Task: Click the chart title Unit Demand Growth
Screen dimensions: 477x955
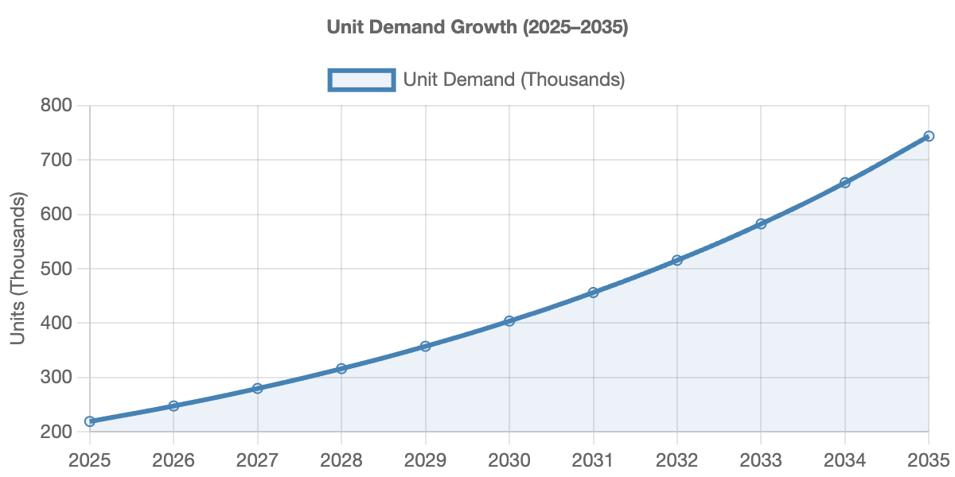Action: pos(477,27)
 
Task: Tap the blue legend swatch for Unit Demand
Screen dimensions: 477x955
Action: pos(361,79)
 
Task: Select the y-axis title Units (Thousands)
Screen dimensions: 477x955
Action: pos(18,268)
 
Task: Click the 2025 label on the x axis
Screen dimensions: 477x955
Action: pos(90,460)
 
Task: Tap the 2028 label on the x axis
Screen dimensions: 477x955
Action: pos(341,460)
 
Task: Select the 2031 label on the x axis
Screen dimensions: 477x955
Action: pos(593,460)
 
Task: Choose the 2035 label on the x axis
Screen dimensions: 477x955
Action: pos(927,460)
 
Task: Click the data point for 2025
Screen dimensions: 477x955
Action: pos(90,421)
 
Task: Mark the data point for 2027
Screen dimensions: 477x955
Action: pos(257,388)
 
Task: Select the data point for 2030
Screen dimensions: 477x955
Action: pos(509,321)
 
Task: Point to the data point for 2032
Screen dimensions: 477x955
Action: pos(677,260)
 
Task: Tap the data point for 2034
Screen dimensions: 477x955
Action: pos(844,182)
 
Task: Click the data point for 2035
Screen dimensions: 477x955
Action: pos(929,136)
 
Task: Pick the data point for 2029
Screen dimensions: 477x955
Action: pos(425,346)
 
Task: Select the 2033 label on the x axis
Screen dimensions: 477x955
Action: pos(761,460)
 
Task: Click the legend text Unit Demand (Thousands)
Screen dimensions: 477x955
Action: pos(513,79)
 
